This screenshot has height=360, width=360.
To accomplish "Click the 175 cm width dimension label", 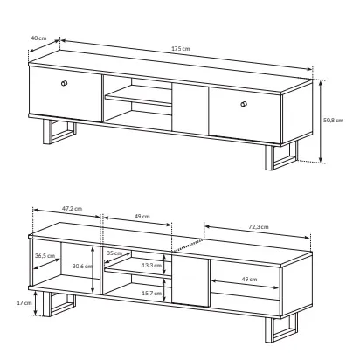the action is (x=181, y=49).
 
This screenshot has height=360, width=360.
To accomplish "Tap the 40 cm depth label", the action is (x=38, y=38).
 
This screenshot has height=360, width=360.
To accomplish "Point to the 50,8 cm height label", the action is (x=333, y=120).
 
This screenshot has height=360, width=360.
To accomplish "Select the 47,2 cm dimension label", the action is (x=72, y=209).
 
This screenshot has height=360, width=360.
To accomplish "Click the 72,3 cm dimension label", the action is (x=259, y=227).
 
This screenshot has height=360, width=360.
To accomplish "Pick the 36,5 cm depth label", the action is (x=45, y=256).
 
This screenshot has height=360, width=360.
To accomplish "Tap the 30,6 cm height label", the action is (x=82, y=266).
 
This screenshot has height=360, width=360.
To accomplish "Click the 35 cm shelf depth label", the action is (x=114, y=253).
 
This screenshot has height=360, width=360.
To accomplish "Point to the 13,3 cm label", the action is (x=152, y=266).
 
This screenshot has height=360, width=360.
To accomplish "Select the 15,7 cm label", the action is (x=152, y=294).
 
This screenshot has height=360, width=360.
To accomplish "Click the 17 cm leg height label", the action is (x=24, y=303).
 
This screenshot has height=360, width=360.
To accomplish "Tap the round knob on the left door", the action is (x=65, y=83).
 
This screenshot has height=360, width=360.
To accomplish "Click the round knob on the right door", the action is (x=244, y=104).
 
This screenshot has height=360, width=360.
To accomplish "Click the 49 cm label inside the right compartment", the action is (x=249, y=280).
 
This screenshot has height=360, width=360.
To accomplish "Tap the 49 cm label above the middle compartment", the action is (x=142, y=217).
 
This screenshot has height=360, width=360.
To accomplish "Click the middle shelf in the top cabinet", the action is (x=138, y=95).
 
